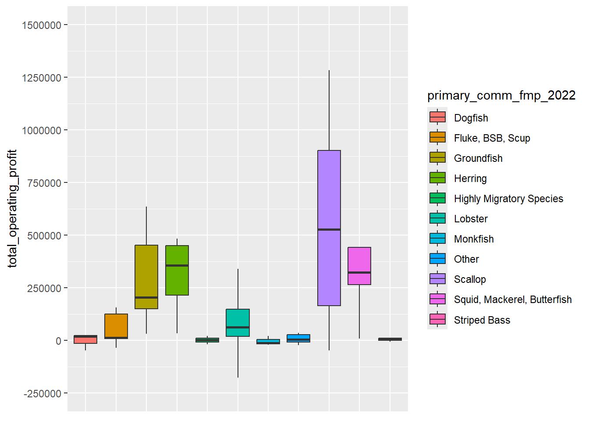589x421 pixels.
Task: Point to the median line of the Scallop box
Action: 329,229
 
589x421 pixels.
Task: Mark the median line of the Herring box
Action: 177,265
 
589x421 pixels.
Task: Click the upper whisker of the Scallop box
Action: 329,110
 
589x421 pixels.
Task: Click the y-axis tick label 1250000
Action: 42,78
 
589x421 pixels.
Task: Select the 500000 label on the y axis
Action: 44,236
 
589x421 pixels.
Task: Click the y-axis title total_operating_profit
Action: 12,209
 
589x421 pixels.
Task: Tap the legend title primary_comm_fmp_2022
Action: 501,96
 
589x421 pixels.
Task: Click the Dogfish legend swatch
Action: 437,118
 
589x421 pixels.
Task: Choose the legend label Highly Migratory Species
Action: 508,199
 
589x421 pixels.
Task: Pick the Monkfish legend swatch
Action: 437,239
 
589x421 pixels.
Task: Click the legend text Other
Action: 466,259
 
